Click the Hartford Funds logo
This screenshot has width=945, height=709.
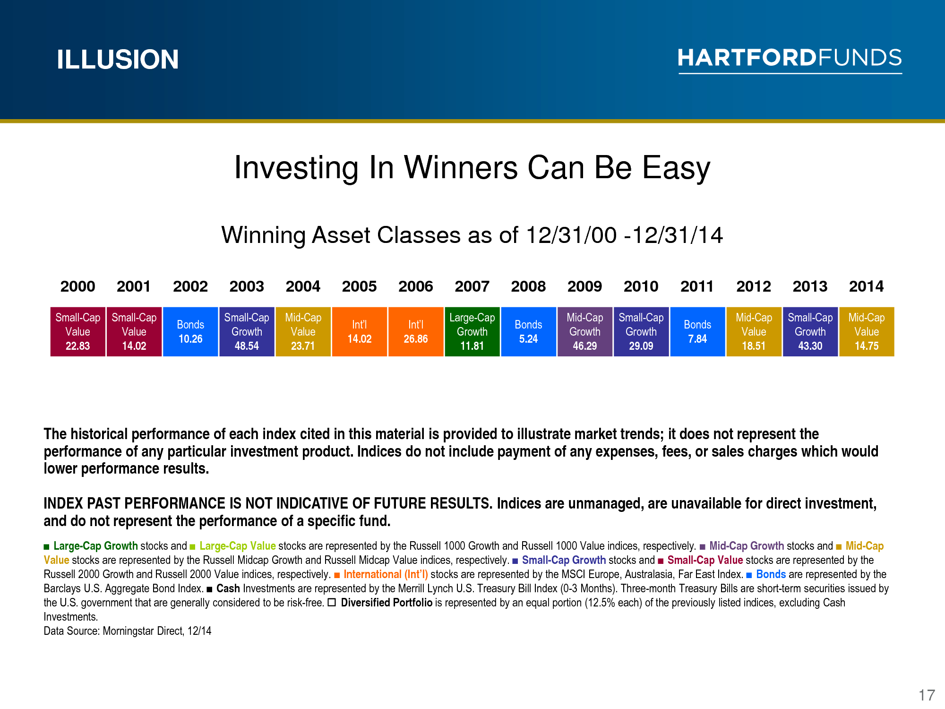[x=790, y=60]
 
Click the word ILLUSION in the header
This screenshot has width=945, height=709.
[x=118, y=60]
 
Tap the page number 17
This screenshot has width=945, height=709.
[x=927, y=695]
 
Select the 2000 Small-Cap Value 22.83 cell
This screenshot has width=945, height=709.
[x=78, y=332]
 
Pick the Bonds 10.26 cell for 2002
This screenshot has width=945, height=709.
[x=190, y=332]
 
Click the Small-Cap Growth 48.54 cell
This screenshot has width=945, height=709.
[x=247, y=332]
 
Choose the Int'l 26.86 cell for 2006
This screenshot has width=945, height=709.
[x=416, y=332]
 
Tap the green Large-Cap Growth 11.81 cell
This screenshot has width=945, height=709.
[x=472, y=332]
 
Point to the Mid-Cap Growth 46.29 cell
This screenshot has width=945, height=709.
[x=585, y=332]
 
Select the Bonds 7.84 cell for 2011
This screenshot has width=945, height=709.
[x=697, y=332]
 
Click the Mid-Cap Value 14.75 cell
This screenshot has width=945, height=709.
[x=867, y=332]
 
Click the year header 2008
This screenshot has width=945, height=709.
[x=528, y=286]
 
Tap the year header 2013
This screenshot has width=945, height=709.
[x=810, y=286]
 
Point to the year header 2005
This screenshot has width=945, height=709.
[x=359, y=286]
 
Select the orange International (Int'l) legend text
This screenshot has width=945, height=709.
[x=386, y=574]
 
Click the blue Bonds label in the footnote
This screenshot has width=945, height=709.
[x=771, y=574]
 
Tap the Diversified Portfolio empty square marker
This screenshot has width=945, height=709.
[x=332, y=602]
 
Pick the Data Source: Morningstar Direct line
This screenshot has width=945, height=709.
[x=128, y=631]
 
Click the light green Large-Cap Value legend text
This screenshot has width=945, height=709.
[x=238, y=546]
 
